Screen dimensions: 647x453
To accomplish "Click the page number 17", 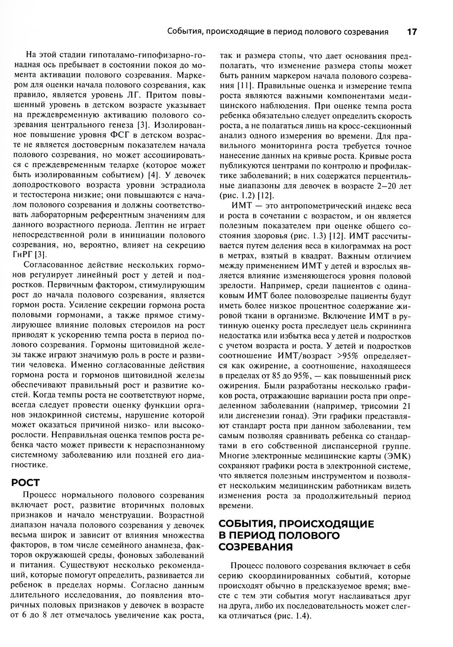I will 411,32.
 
